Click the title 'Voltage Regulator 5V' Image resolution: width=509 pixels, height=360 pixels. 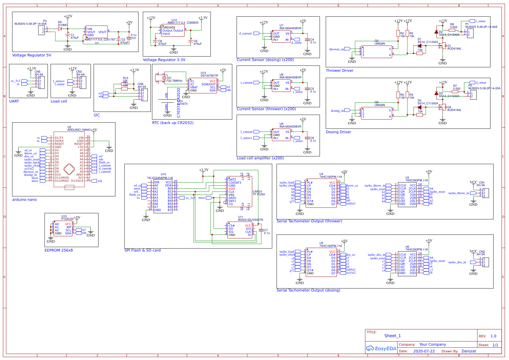pyautogui.click(x=32, y=55)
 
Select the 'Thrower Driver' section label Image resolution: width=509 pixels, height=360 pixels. pyautogui.click(x=339, y=71)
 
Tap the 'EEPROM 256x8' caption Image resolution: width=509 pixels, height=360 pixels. pyautogui.click(x=59, y=250)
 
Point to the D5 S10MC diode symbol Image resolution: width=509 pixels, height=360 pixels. pyautogui.click(x=60, y=29)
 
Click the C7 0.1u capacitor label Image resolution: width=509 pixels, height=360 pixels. pyautogui.click(x=266, y=232)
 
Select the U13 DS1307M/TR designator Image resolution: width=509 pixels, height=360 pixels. pyautogui.click(x=209, y=74)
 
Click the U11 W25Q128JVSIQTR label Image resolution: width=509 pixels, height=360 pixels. pyautogui.click(x=250, y=218)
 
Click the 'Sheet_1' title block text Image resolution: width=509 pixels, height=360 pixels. pyautogui.click(x=393, y=336)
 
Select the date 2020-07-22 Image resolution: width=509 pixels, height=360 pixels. pyautogui.click(x=424, y=351)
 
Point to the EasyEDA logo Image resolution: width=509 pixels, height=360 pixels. pyautogui.click(x=381, y=348)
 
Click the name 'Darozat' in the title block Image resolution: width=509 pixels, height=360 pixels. pyautogui.click(x=468, y=351)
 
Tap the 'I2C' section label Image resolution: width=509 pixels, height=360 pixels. pyautogui.click(x=97, y=115)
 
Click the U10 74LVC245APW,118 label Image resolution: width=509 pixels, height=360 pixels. pyautogui.click(x=160, y=176)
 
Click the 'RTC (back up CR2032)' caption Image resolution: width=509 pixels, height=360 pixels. pyautogui.click(x=173, y=123)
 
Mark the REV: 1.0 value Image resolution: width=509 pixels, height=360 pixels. pyautogui.click(x=493, y=336)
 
